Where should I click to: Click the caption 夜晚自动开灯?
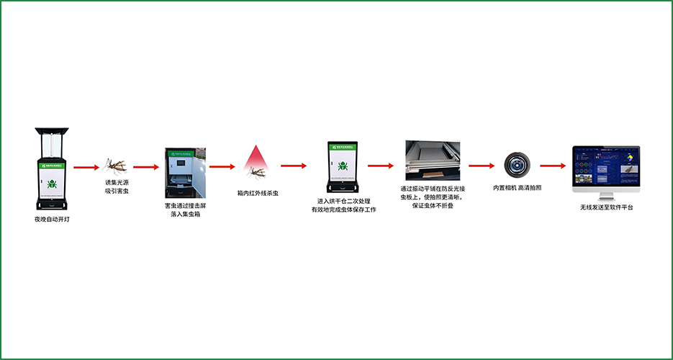click(x=52, y=218)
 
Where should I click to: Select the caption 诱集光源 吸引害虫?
click(x=117, y=187)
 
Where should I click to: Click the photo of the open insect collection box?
click(x=185, y=173)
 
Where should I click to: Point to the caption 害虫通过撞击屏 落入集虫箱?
click(x=185, y=210)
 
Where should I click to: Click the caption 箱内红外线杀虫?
click(x=258, y=193)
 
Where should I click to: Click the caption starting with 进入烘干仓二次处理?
click(x=343, y=205)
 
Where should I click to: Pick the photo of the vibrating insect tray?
click(x=431, y=161)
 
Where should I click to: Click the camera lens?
click(x=518, y=165)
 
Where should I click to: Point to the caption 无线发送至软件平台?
click(x=607, y=207)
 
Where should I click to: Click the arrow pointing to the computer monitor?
click(x=553, y=166)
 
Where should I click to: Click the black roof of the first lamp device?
click(x=52, y=132)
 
